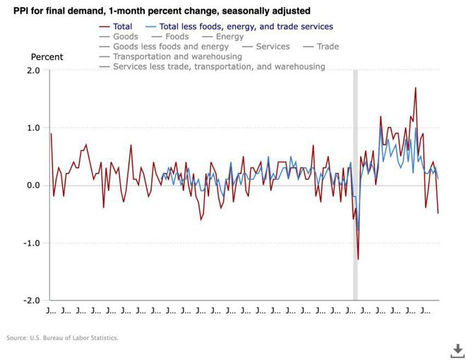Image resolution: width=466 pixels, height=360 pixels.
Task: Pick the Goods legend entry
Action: pos(125,37)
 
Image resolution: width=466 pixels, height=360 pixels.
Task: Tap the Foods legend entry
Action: pos(177,37)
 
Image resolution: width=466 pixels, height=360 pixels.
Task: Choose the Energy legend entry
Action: pos(229,37)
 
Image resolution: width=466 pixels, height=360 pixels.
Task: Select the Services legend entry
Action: pos(273,47)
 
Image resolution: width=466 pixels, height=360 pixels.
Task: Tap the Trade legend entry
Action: pos(326,47)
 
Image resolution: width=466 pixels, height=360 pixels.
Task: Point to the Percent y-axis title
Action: pos(47,57)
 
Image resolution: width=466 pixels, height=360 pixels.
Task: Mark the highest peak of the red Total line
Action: pos(416,88)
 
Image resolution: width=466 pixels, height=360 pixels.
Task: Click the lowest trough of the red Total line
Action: pos(358,259)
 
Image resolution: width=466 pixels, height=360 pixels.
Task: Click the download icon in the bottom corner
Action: pos(458,349)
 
